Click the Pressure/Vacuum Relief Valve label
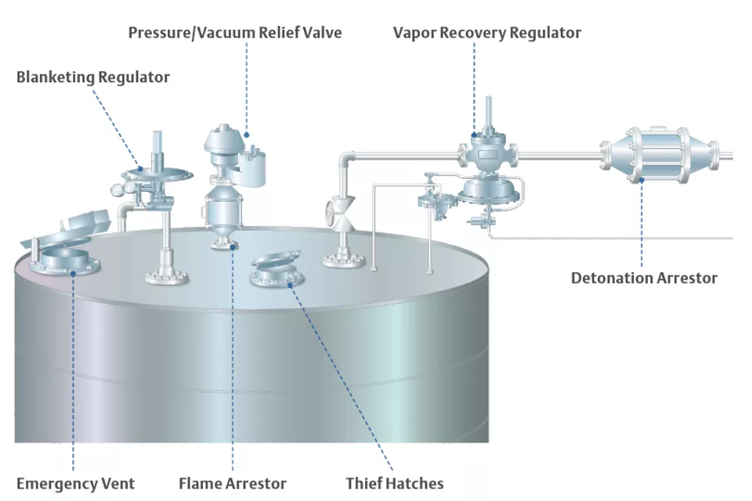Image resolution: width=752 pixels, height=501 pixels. pyautogui.click(x=235, y=33)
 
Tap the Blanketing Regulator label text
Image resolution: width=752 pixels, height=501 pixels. pyautogui.click(x=93, y=77)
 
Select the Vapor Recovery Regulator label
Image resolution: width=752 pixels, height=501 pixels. pyautogui.click(x=486, y=33)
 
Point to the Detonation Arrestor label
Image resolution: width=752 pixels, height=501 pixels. pyautogui.click(x=644, y=277)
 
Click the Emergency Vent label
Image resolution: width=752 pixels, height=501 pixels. pyautogui.click(x=75, y=483)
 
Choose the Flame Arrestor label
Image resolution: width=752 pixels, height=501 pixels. pyautogui.click(x=233, y=483)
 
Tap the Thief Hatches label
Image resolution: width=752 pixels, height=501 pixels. pyautogui.click(x=395, y=483)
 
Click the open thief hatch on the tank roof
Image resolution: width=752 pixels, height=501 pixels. pyautogui.click(x=275, y=269)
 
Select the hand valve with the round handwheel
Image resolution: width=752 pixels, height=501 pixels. pyautogui.click(x=331, y=212)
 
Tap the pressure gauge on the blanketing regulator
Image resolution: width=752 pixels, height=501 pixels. pyautogui.click(x=116, y=189)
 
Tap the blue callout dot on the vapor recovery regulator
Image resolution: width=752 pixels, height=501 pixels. pyautogui.click(x=475, y=135)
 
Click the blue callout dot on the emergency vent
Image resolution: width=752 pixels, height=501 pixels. pyautogui.click(x=72, y=272)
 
